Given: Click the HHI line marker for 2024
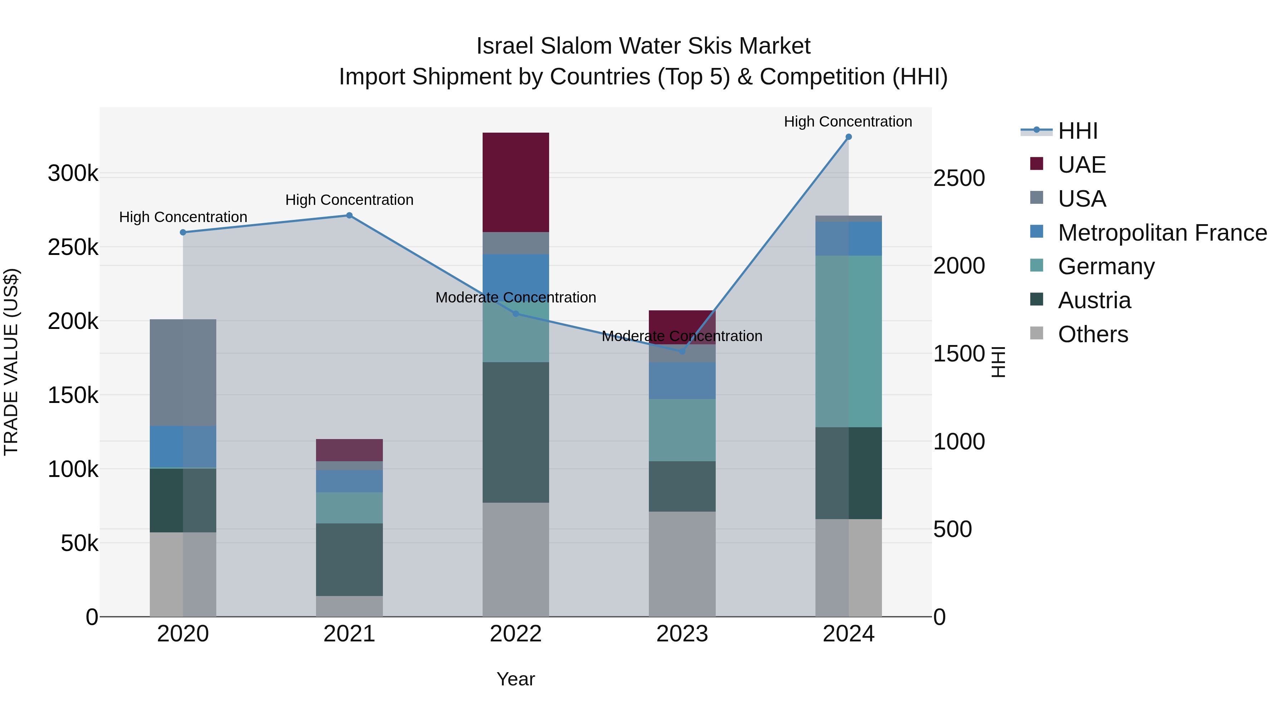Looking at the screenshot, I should (848, 137).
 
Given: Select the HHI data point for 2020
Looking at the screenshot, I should (183, 232).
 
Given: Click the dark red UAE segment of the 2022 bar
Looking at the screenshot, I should (516, 182).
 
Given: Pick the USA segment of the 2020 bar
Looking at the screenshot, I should (183, 372).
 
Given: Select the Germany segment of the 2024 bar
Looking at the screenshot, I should (848, 341).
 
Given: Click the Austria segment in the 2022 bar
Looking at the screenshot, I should (516, 432).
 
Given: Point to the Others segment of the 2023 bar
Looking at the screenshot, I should (682, 563).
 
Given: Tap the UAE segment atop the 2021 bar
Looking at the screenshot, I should (349, 450).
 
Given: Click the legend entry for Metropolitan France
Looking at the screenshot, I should (1162, 233).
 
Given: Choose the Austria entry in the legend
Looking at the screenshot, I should (1094, 300).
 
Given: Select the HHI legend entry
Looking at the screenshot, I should (1078, 131).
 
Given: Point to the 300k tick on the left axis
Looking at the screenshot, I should (73, 173).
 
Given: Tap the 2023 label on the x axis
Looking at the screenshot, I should (682, 634).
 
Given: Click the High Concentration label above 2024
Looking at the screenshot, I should (848, 122).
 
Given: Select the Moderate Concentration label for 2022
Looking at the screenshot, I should (516, 297).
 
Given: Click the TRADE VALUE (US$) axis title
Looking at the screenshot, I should (11, 362).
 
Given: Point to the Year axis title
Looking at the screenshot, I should (516, 679).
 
